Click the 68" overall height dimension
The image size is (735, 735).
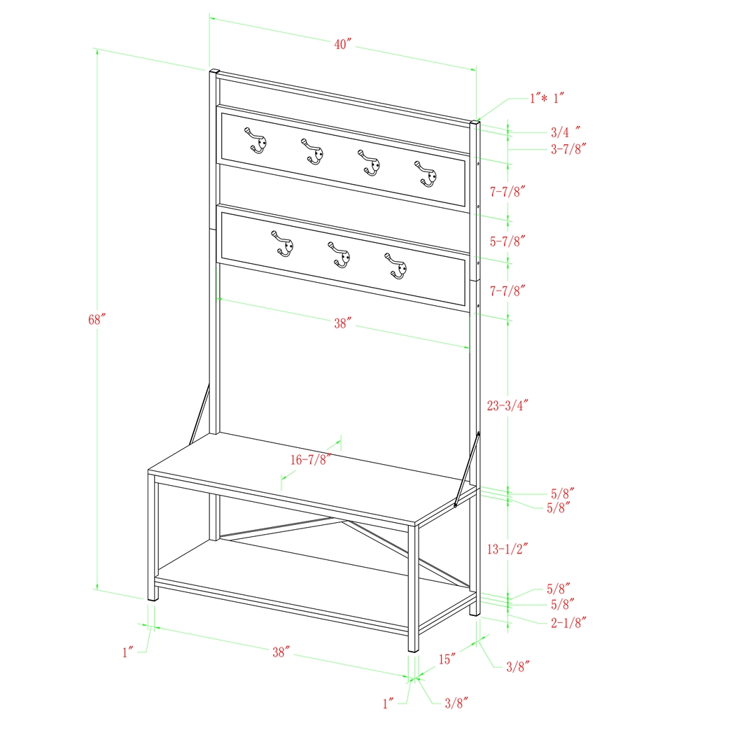97,320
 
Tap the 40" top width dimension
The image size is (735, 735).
342,45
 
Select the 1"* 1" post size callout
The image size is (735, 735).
546,99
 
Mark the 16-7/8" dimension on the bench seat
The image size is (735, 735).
311,459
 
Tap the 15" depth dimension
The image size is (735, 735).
449,659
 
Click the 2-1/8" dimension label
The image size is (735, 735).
566,621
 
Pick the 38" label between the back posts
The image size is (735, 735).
342,323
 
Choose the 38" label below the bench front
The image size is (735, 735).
281,652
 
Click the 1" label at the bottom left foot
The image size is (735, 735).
127,652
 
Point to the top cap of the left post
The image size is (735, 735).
215,71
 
